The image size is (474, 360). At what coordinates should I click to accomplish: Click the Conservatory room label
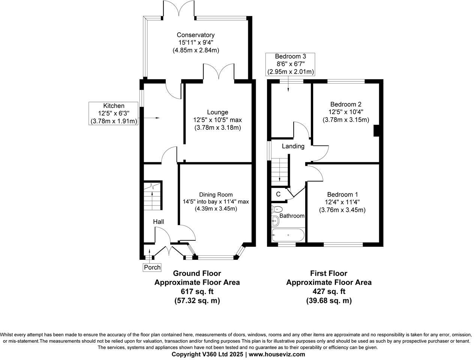(196, 35)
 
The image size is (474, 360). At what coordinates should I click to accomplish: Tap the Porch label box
(152, 267)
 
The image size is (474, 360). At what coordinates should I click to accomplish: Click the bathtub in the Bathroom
(288, 235)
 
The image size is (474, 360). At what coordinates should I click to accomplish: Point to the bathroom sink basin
(275, 221)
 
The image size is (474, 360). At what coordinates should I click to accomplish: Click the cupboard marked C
(278, 194)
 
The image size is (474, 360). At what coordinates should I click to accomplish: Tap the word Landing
(293, 146)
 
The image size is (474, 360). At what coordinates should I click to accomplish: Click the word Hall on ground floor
(158, 222)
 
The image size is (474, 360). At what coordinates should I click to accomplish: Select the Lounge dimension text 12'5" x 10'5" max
(215, 120)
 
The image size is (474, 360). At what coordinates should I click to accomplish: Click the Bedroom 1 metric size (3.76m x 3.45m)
(342, 210)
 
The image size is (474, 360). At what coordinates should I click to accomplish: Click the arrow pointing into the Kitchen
(152, 118)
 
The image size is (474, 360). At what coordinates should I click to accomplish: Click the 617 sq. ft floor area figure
(197, 291)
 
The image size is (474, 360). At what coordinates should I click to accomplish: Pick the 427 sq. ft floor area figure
(329, 291)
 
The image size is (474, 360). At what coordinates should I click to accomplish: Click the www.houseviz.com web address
(276, 354)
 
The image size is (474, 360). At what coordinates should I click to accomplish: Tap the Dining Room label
(216, 195)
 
